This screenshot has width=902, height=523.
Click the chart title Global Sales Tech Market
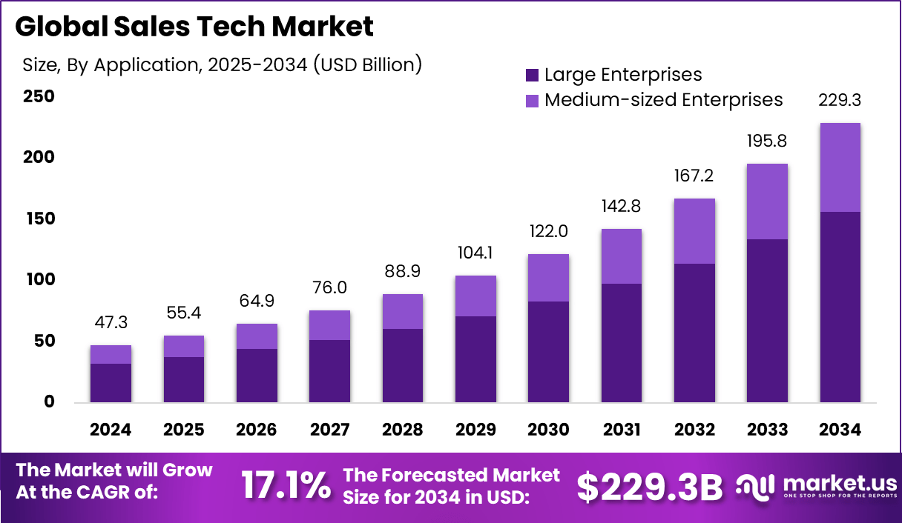pos(194,27)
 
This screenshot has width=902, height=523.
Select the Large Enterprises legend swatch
pos(532,75)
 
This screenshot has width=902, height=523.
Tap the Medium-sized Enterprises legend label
pos(663,99)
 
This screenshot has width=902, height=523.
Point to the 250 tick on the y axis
pos(39,96)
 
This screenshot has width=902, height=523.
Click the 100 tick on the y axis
pos(39,280)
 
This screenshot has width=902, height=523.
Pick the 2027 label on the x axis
pos(329,430)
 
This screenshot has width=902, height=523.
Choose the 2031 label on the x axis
pos(621,430)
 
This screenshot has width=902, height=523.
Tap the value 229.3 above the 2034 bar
pos(840,100)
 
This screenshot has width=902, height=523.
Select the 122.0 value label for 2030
pos(548,231)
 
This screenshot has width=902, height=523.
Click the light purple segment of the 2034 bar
pos(840,167)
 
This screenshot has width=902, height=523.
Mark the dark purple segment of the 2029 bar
pos(475,359)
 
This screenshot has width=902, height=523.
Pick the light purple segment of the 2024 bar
pos(111,354)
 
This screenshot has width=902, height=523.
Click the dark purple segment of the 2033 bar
pos(767,321)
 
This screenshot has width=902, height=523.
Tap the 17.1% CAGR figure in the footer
pos(286,486)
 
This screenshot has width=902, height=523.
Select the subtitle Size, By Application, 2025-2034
pos(222,64)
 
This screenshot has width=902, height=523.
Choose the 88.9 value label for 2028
pos(403,271)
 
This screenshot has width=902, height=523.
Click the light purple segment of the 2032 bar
pos(694,231)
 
